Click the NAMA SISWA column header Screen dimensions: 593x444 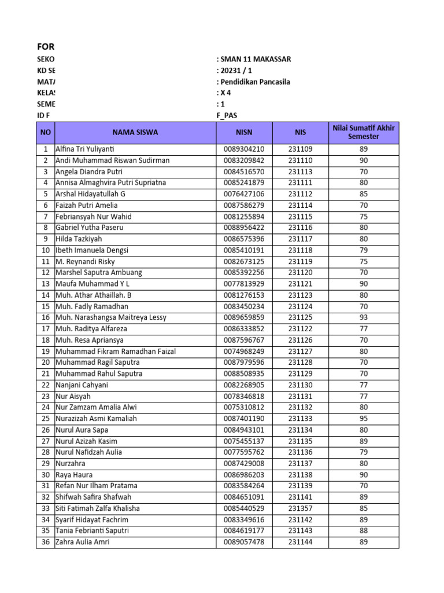(x=135, y=132)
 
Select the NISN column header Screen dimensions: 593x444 (x=244, y=132)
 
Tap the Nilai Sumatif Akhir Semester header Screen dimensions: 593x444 (x=364, y=132)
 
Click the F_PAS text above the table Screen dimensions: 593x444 (x=227, y=115)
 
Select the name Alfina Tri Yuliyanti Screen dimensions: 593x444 (x=86, y=149)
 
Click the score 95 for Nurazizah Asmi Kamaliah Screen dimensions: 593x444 (x=364, y=419)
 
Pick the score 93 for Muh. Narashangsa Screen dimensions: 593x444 (x=364, y=317)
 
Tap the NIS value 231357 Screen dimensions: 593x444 (x=300, y=508)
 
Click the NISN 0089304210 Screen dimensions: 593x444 (x=244, y=149)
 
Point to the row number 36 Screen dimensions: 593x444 (x=45, y=542)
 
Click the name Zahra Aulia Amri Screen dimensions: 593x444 (x=82, y=542)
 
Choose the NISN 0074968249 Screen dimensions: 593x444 (x=244, y=352)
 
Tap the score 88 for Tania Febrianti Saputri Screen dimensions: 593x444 (x=364, y=531)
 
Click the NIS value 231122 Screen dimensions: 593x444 (x=300, y=329)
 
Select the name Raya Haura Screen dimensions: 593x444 (x=73, y=475)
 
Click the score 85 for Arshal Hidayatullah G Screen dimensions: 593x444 (x=364, y=194)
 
